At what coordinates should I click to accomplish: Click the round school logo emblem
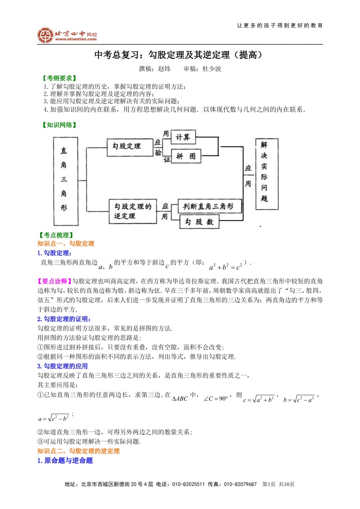point(45,35)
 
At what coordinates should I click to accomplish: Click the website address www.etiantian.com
point(76,39)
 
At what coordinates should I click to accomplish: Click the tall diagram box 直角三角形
point(66,181)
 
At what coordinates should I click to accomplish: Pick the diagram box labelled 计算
point(183,137)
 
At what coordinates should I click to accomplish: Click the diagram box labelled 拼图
point(186,156)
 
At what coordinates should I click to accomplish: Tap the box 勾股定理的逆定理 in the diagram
point(133,211)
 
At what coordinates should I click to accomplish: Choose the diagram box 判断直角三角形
point(210,206)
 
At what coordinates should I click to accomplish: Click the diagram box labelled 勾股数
point(199,222)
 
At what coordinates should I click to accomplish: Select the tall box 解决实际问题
point(266,174)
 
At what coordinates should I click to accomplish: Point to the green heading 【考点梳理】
point(56,235)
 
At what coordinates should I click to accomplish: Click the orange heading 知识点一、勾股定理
point(66,244)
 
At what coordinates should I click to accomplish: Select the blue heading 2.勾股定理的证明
point(64,319)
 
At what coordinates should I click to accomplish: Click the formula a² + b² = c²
point(226,267)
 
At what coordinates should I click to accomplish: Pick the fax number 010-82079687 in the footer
point(240,484)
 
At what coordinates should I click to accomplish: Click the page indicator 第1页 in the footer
point(269,484)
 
